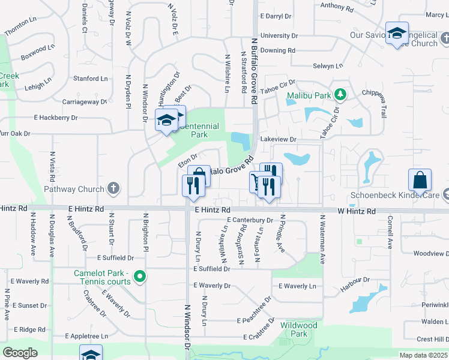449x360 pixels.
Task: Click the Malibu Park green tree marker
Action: pos(340,95)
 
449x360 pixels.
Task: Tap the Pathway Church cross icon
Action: pos(113,189)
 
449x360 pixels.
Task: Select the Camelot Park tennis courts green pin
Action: pos(140,277)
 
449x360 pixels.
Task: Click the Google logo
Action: pos(20,352)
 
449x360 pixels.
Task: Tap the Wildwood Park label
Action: pos(298,329)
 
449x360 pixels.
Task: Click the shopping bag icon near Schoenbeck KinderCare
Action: pos(420,179)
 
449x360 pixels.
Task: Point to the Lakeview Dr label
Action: pos(279,139)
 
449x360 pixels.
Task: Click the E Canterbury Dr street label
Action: pos(250,220)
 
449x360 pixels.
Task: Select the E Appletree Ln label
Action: pos(86,335)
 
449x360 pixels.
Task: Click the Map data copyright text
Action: pos(424,355)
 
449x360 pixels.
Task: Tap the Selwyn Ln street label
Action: pos(327,65)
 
